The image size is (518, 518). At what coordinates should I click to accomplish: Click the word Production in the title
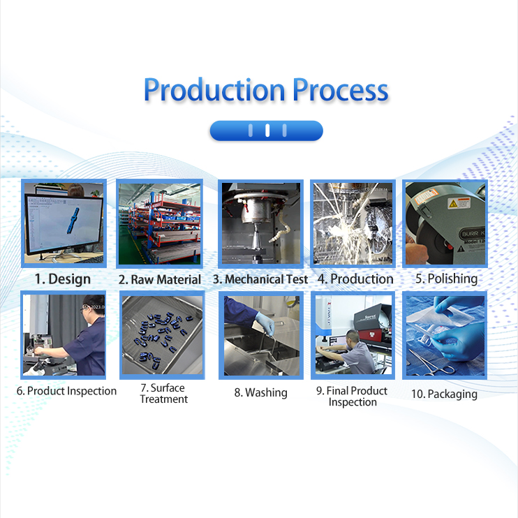[214, 91]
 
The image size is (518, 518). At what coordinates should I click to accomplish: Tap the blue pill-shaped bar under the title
[266, 131]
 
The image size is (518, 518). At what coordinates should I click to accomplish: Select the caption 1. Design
[63, 279]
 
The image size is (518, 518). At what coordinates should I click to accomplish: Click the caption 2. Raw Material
[160, 279]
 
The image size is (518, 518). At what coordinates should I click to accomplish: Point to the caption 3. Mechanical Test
[260, 279]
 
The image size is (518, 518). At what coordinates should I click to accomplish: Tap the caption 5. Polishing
[446, 279]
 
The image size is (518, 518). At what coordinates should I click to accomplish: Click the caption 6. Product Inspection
[66, 391]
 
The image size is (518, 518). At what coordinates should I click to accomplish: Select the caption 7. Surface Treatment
[164, 394]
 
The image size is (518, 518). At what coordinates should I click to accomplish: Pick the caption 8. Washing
[260, 393]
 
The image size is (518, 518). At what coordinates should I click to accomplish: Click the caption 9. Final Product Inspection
[352, 397]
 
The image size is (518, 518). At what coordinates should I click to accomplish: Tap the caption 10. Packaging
[444, 394]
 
